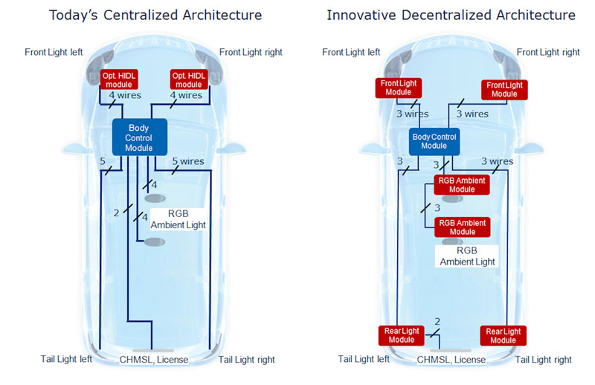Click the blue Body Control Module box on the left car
click(x=140, y=137)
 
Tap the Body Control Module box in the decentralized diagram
click(x=434, y=140)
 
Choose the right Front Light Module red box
click(x=504, y=89)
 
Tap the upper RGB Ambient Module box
click(x=461, y=184)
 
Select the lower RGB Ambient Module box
click(x=461, y=227)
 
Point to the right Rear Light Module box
click(x=503, y=335)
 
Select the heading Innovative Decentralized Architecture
click(x=451, y=15)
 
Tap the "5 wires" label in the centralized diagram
click(x=187, y=161)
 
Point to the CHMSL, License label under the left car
click(x=154, y=360)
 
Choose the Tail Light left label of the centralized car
click(x=66, y=359)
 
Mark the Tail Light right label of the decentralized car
click(x=543, y=360)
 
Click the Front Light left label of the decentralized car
click(x=351, y=52)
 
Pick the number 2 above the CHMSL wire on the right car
click(x=437, y=321)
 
